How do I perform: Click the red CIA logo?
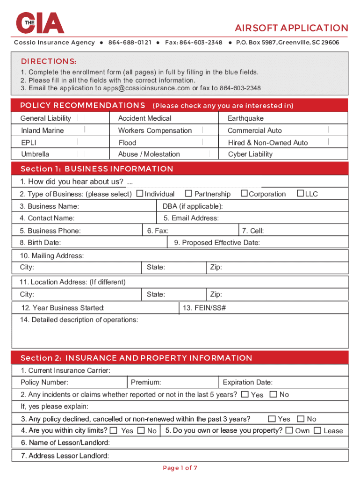coord(40,22)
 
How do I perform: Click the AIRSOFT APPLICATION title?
coord(291,28)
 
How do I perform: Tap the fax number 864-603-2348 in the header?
coord(201,43)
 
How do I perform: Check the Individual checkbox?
coord(140,194)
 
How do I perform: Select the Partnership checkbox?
coord(188,194)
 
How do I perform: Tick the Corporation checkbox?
coord(244,194)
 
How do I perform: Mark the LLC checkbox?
coord(301,194)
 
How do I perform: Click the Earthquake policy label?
coord(245,118)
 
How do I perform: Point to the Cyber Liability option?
coord(250,154)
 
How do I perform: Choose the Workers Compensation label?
coord(155,131)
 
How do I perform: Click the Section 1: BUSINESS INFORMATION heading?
coord(97,169)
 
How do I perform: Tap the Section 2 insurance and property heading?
coord(136,358)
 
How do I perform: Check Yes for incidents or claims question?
coord(245,394)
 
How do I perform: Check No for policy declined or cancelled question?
coord(301,419)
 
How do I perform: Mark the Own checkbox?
coord(289,430)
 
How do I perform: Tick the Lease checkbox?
coord(317,430)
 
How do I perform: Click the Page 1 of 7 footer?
coord(180,468)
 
